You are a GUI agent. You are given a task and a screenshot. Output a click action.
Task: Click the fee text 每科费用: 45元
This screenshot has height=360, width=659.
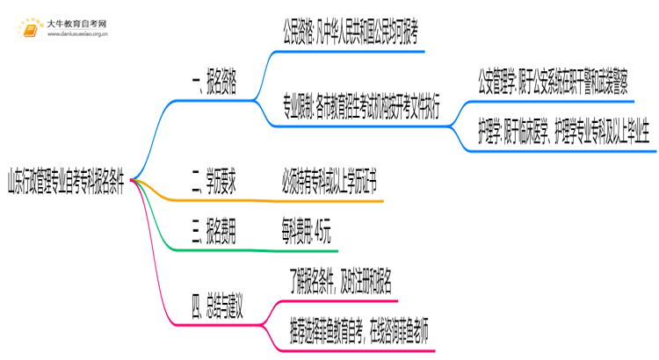pos(307,234)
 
